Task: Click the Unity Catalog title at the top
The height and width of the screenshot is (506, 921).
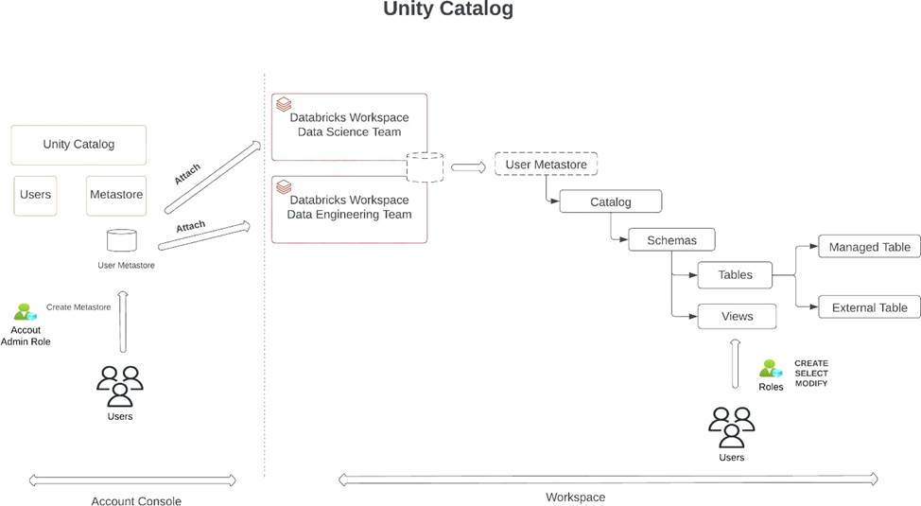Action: pyautogui.click(x=448, y=10)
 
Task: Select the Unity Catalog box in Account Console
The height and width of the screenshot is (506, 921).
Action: pyautogui.click(x=78, y=145)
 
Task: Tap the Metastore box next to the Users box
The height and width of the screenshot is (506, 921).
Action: pyautogui.click(x=115, y=195)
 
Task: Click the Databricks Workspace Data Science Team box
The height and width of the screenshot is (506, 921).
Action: pyautogui.click(x=349, y=126)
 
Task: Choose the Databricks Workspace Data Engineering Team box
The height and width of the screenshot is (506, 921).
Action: pyautogui.click(x=349, y=207)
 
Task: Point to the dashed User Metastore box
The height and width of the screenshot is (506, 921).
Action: pyautogui.click(x=546, y=165)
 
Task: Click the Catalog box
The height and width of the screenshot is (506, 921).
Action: pyautogui.click(x=610, y=202)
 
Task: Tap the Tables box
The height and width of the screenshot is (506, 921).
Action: pyautogui.click(x=735, y=275)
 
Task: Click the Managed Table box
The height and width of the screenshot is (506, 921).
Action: pyautogui.click(x=869, y=248)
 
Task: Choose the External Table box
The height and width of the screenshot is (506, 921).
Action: pyautogui.click(x=869, y=307)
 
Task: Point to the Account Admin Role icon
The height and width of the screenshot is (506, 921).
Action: pyautogui.click(x=25, y=312)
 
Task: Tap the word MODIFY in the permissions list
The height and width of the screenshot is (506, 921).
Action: pyautogui.click(x=810, y=383)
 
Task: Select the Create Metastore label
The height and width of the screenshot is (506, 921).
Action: pyautogui.click(x=78, y=307)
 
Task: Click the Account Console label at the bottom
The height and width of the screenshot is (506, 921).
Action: pyautogui.click(x=135, y=501)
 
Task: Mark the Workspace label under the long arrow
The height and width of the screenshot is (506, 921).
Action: pyautogui.click(x=575, y=497)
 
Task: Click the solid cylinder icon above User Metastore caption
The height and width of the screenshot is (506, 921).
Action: pyautogui.click(x=121, y=239)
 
